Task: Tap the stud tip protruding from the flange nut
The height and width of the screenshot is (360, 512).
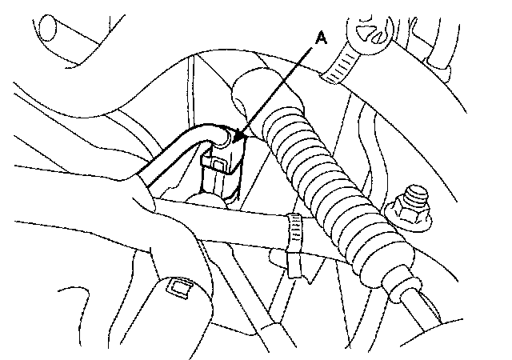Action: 414,195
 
